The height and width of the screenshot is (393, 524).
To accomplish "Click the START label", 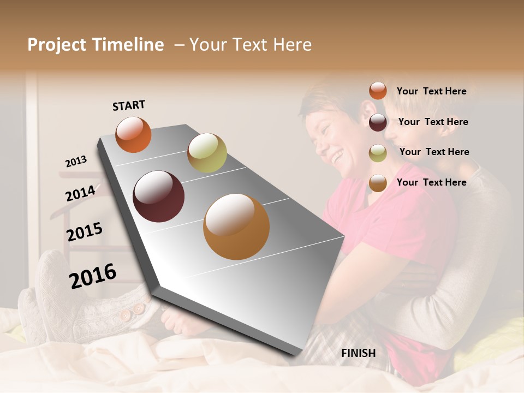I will (129, 105).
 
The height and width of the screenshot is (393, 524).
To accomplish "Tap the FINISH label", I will (358, 353).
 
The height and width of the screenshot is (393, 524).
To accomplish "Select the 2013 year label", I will (76, 161).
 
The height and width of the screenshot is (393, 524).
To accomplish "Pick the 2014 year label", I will (81, 193).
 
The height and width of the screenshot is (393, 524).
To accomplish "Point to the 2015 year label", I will (85, 232).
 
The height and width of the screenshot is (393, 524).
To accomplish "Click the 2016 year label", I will (93, 276).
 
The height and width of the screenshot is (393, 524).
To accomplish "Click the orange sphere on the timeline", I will (133, 134).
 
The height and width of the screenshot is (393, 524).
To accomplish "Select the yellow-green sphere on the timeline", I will (207, 153).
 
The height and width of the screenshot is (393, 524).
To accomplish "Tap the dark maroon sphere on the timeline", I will (158, 196).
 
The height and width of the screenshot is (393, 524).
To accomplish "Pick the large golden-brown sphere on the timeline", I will (236, 227).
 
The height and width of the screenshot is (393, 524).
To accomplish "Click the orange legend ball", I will (378, 91).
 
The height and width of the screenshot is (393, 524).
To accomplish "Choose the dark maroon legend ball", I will (378, 122).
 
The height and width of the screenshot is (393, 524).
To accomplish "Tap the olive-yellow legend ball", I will (378, 153).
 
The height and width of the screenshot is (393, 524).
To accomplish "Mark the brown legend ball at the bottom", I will (378, 183).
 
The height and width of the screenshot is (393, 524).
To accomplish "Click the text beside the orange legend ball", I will (431, 91).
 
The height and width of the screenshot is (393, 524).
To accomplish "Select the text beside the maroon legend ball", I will (433, 122).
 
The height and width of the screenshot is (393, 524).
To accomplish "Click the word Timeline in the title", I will (127, 45).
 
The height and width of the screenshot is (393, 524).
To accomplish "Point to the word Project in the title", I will (57, 45).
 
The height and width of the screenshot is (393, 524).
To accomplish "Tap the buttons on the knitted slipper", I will (131, 312).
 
